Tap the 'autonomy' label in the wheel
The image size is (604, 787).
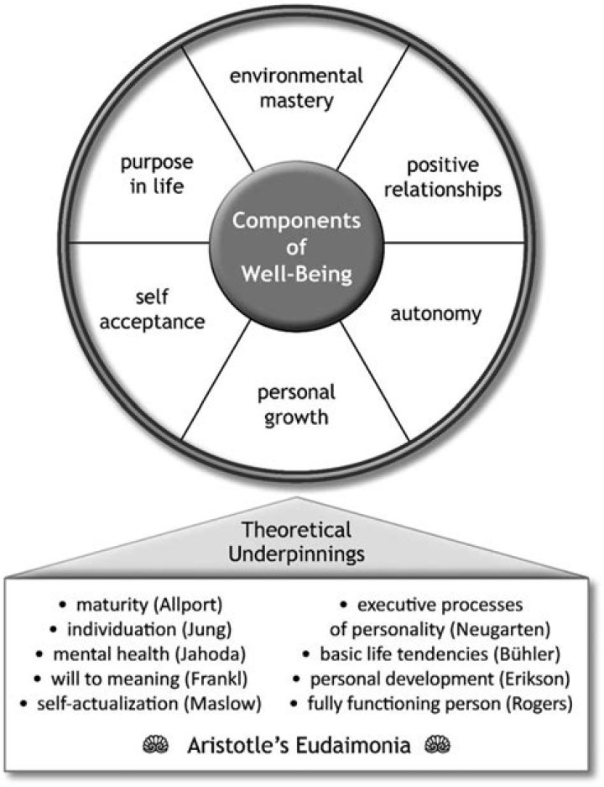coord(436,315)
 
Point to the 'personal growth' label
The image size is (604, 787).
coord(296,403)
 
